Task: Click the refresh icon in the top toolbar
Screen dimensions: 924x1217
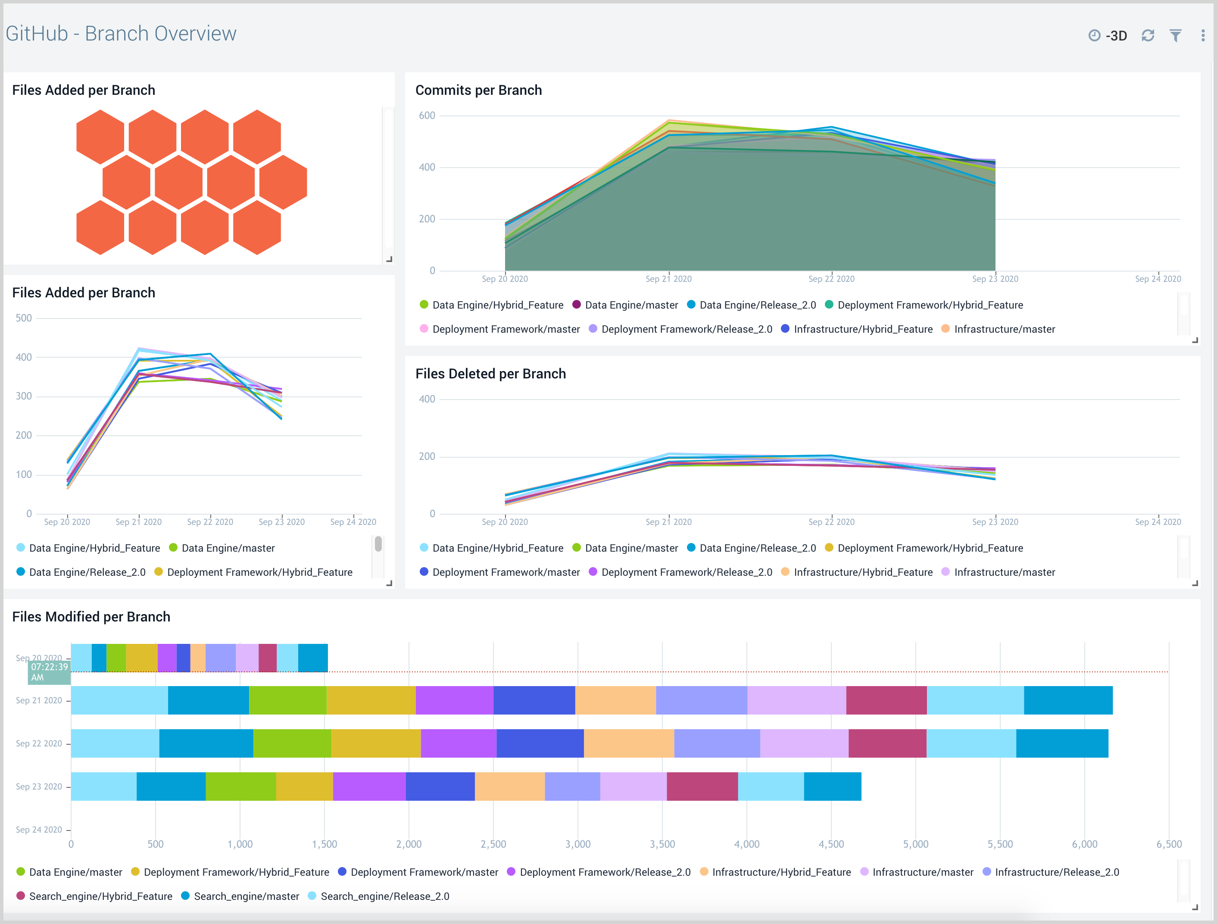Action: (1148, 36)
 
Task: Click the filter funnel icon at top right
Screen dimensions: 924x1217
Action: (1175, 36)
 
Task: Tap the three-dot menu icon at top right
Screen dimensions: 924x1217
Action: (1203, 36)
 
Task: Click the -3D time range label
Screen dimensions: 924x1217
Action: (1116, 36)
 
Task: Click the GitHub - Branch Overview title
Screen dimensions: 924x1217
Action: (121, 34)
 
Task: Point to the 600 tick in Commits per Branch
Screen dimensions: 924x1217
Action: (427, 115)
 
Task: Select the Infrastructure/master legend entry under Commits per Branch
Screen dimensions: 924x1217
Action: (1004, 329)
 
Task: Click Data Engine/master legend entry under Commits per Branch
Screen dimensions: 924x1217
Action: (630, 305)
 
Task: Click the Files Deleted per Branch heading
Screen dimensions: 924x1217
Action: (490, 374)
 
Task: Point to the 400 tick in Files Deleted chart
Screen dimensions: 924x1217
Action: (427, 399)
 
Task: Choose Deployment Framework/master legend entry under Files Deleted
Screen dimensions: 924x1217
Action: (506, 572)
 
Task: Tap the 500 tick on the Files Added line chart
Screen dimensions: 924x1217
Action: (24, 318)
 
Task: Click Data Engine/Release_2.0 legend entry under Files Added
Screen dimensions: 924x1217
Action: (87, 572)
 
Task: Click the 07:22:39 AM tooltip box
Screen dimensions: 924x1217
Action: (49, 672)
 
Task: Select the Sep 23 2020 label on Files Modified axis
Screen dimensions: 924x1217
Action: (39, 787)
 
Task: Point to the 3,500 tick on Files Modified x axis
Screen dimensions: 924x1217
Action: (662, 844)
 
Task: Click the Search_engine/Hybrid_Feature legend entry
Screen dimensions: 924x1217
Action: (100, 896)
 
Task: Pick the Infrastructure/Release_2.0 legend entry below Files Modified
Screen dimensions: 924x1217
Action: (1056, 872)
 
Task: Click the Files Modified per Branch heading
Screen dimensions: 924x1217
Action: (91, 617)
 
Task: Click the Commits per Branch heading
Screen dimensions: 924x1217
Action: (478, 90)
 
